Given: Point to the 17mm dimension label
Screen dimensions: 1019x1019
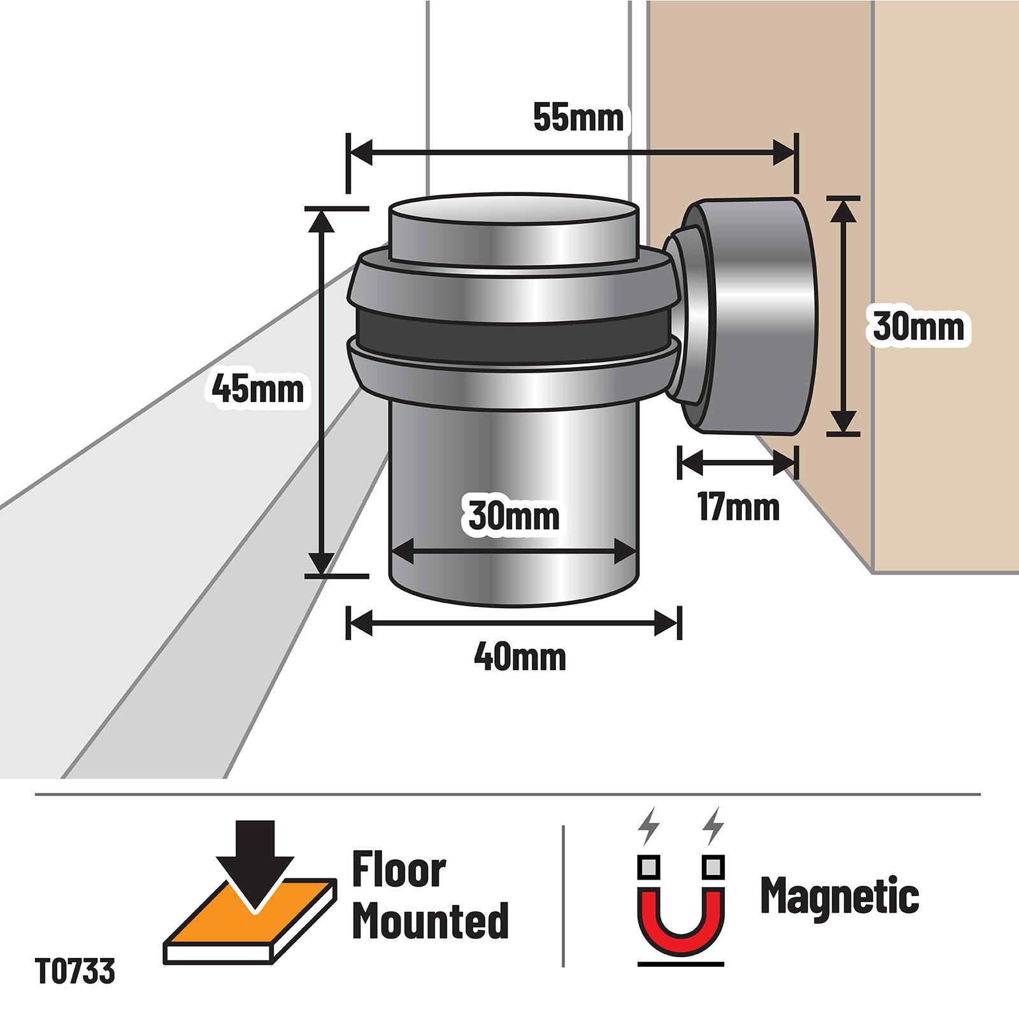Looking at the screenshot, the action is coord(739,508).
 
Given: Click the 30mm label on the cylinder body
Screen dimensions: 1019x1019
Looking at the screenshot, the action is coord(514,515).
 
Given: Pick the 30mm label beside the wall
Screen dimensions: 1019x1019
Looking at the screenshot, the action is coord(918,327).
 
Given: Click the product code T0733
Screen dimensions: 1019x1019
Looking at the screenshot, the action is coord(76,972).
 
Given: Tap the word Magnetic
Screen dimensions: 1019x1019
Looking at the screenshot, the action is coord(840,896).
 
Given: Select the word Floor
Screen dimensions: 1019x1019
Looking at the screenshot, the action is coord(399,871).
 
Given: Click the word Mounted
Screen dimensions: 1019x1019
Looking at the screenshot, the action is coord(431,920).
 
